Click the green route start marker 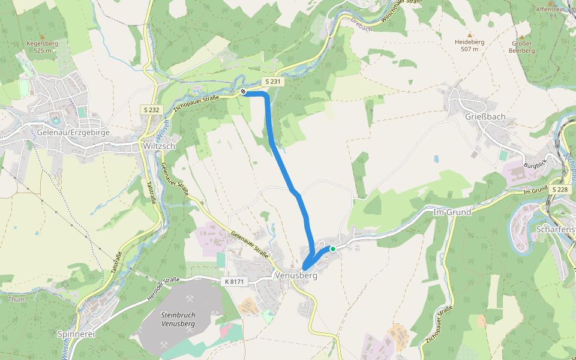pyautogui.click(x=332, y=248)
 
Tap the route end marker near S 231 pyautogui.click(x=244, y=92)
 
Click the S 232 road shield pyautogui.click(x=151, y=110)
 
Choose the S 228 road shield pyautogui.click(x=560, y=190)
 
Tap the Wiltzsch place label pyautogui.click(x=158, y=146)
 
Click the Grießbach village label pyautogui.click(x=485, y=116)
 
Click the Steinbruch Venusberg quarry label pyautogui.click(x=179, y=319)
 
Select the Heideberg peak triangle pyautogui.click(x=470, y=35)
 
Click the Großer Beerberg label pyautogui.click(x=521, y=47)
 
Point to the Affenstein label pyautogui.click(x=550, y=10)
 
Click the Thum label pyautogui.click(x=16, y=298)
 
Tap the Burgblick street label pyautogui.click(x=534, y=164)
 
